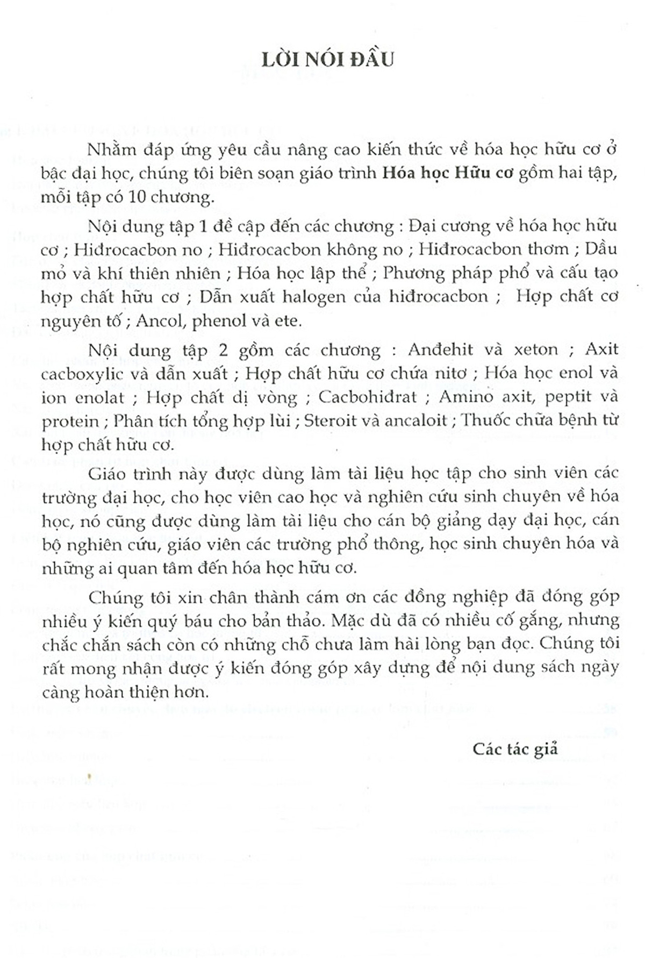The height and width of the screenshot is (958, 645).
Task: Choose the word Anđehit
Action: [x=440, y=349]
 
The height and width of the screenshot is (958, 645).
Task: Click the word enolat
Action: [x=95, y=397]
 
